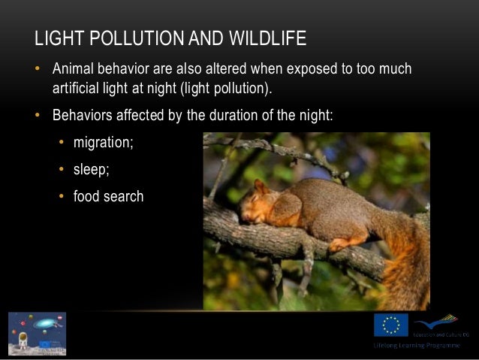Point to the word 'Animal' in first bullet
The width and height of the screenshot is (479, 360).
click(x=74, y=69)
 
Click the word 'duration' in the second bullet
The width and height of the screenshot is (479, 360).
click(x=250, y=116)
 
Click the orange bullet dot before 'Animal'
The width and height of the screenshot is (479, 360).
click(x=35, y=69)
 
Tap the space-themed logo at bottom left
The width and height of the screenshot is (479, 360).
click(x=37, y=333)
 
